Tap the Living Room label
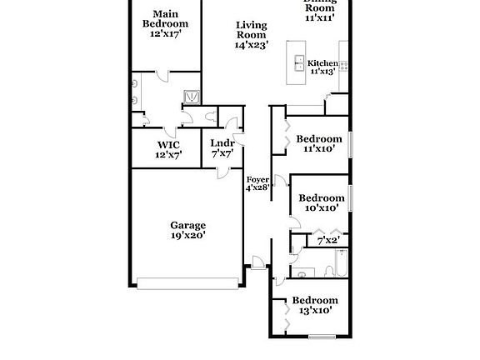tap(251, 30)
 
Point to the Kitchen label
tap(322, 63)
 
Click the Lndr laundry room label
tap(221, 143)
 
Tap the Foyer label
tap(257, 178)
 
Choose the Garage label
tap(188, 225)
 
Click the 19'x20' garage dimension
tap(188, 236)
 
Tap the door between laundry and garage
tap(222, 172)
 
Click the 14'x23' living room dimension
tap(251, 46)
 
